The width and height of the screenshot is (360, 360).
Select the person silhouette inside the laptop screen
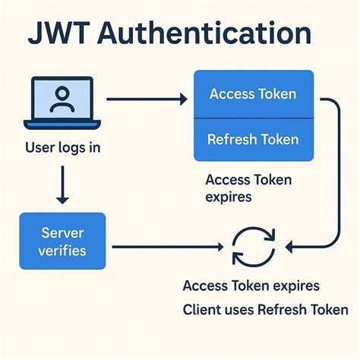(x=63, y=98)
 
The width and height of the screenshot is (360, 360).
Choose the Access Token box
(x=253, y=94)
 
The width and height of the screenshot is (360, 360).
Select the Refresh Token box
(x=253, y=139)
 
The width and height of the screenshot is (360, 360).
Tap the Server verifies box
(x=63, y=241)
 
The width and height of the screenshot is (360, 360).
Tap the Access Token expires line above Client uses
(x=251, y=286)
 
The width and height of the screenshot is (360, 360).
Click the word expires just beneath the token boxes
(x=228, y=197)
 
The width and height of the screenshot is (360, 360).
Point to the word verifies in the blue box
(x=63, y=250)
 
